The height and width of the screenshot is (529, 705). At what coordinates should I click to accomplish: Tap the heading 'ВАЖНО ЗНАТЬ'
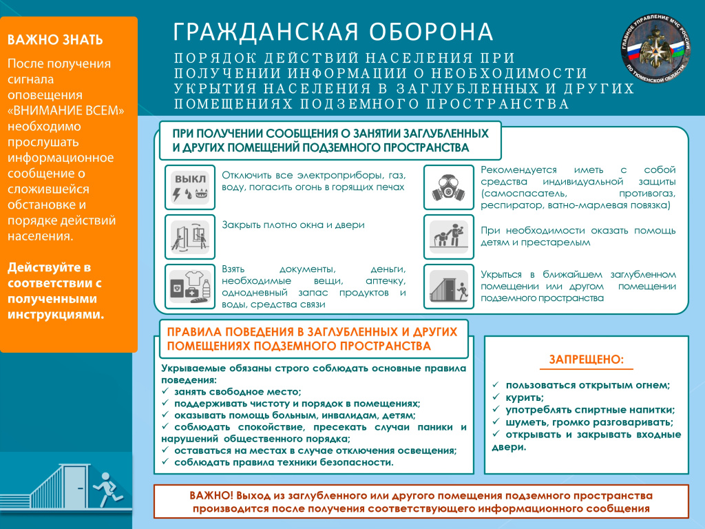click(56, 39)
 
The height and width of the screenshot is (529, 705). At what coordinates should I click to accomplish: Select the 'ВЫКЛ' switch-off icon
click(189, 187)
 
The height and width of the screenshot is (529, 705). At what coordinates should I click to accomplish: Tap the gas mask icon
click(448, 187)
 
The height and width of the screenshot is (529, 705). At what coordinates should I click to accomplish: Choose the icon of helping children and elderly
click(448, 236)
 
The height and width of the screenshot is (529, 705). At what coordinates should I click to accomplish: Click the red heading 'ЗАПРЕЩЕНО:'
click(586, 360)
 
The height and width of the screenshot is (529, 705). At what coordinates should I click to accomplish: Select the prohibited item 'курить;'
click(525, 397)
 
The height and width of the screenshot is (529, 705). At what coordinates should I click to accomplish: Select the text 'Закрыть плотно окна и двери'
click(293, 225)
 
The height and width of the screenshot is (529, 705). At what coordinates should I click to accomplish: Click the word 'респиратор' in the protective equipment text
click(509, 205)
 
